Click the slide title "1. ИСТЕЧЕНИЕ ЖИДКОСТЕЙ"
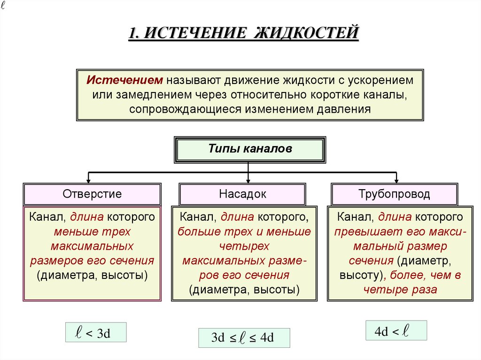point(243,34)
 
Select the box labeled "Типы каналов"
point(250,149)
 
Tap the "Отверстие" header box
point(92,194)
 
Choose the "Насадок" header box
point(242,194)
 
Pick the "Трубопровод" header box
point(394,194)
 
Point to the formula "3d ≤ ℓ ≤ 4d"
point(243,338)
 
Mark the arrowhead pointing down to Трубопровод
point(396,180)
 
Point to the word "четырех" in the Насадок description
point(244,246)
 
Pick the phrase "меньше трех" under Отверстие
point(92,231)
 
